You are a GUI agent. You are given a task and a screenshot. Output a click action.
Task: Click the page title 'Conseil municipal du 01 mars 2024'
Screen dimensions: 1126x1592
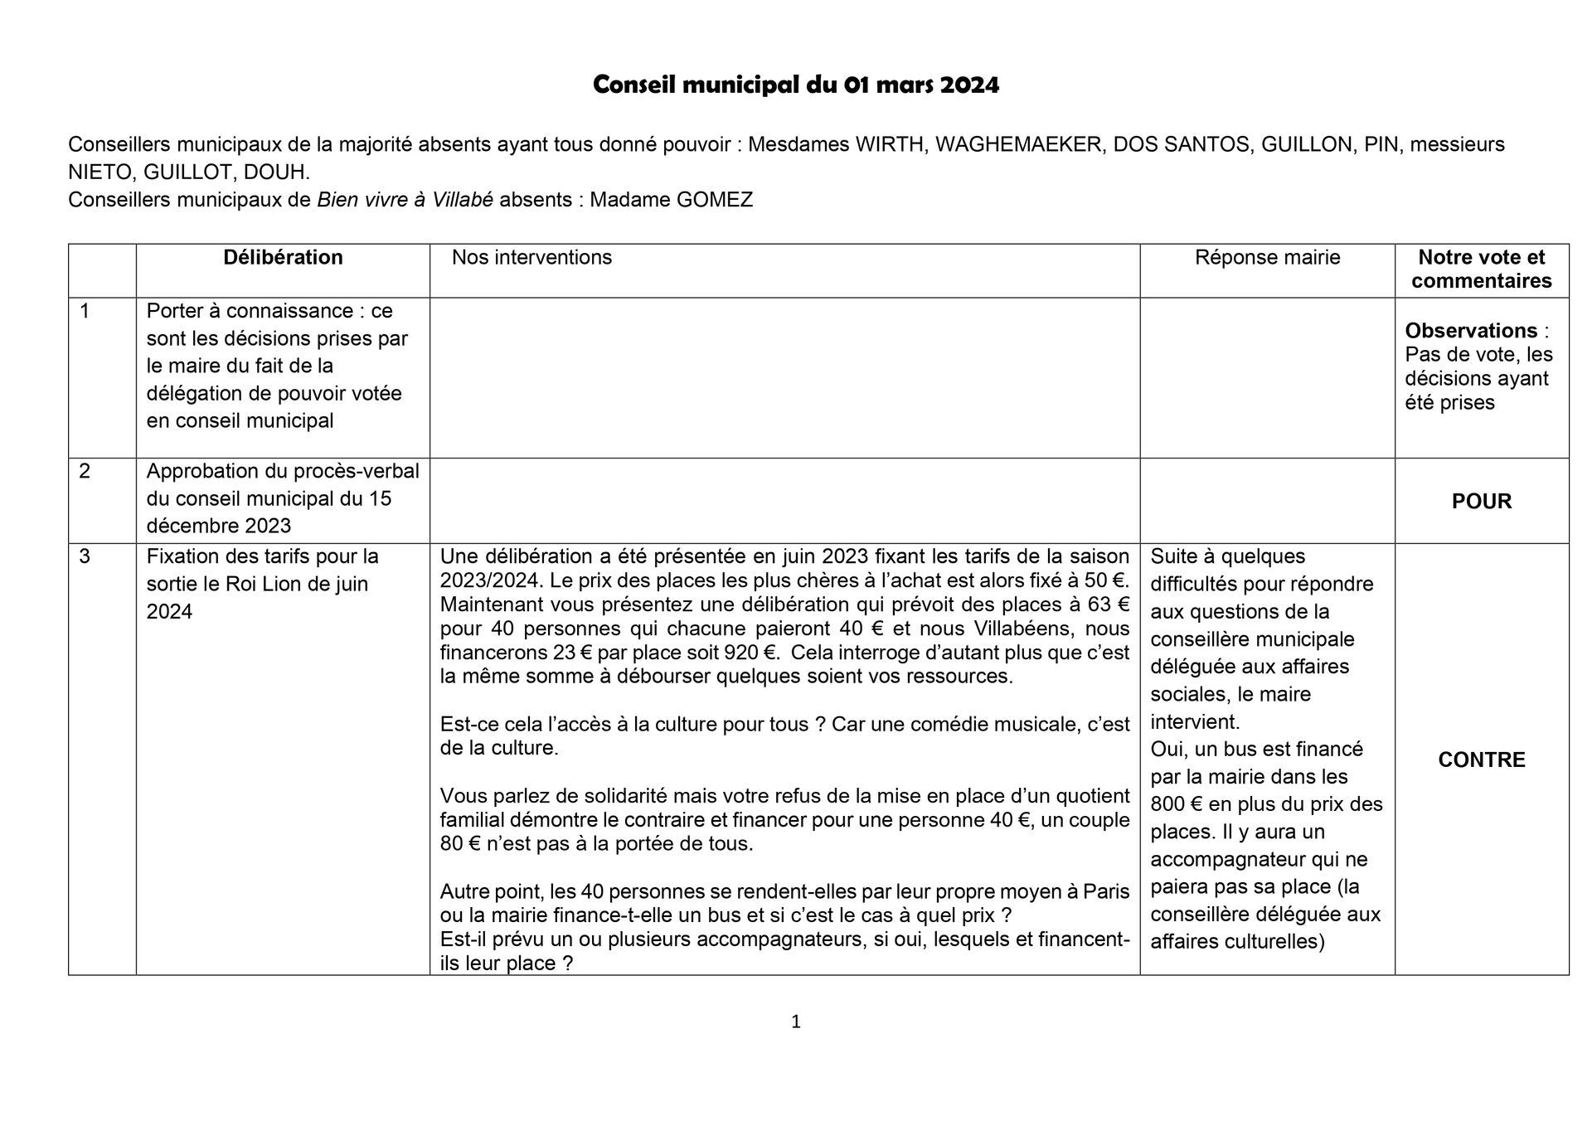[795, 85]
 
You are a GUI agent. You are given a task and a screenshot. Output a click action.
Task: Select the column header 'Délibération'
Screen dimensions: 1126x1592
[283, 258]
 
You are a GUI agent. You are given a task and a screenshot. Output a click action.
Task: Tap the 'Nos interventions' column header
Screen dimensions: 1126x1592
[531, 258]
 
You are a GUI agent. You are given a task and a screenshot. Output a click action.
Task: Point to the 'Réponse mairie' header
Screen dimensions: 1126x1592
[1267, 258]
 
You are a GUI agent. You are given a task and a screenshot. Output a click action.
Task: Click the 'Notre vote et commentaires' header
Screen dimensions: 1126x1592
[1481, 269]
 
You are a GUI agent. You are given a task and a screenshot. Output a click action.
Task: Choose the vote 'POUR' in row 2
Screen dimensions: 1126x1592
[1481, 502]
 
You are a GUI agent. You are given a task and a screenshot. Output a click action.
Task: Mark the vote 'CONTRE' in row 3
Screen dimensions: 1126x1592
[1481, 760]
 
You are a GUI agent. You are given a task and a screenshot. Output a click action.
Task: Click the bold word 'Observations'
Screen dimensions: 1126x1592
[1471, 331]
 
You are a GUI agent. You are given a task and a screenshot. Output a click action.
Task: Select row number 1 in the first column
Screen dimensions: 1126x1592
[85, 311]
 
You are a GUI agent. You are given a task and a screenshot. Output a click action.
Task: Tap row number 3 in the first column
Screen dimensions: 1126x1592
[85, 556]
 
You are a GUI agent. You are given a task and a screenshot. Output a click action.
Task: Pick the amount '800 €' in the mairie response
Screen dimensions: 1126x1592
[1176, 804]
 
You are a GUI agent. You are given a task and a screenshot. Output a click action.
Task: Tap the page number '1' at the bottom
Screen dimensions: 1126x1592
[796, 1022]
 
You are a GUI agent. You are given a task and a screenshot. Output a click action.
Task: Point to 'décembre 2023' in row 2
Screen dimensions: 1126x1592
[219, 527]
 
